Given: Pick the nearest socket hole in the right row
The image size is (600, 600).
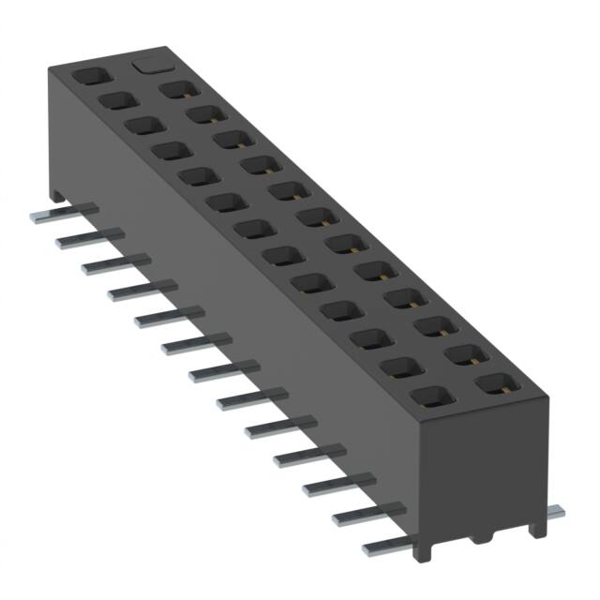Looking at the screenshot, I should (x=495, y=383).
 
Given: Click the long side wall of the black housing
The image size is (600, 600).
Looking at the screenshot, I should (x=234, y=309).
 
